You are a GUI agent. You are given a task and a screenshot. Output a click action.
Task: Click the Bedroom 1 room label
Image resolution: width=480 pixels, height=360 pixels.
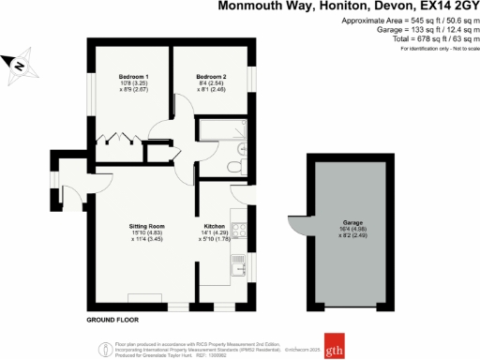pyautogui.click(x=133, y=75)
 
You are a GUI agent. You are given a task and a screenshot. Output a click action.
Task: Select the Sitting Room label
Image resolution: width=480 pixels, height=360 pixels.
pyautogui.click(x=147, y=226)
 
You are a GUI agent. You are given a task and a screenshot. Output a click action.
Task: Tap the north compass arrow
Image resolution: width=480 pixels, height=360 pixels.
pyautogui.click(x=19, y=65)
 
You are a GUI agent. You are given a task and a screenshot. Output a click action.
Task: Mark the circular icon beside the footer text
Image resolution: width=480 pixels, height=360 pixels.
pyautogui.click(x=100, y=348)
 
